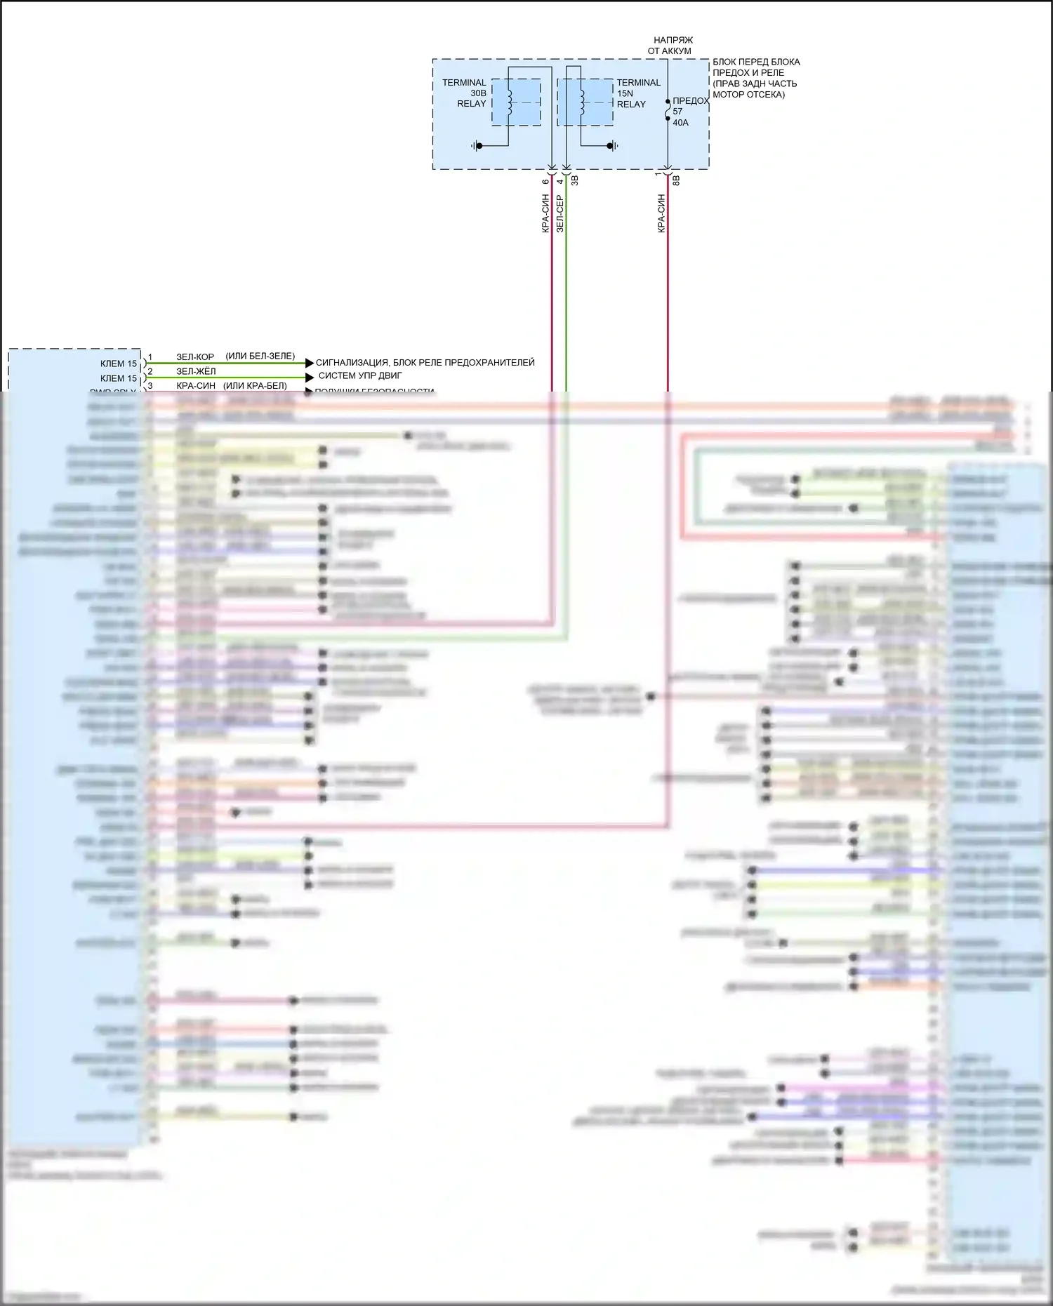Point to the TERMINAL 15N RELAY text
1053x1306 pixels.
point(638,93)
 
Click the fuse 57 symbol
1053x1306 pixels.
point(668,110)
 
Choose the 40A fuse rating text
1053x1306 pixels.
point(680,123)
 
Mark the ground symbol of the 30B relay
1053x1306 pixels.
point(477,146)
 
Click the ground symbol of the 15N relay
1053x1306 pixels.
point(613,146)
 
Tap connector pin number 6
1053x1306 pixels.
point(545,182)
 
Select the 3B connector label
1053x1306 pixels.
point(575,180)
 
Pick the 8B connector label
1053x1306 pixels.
point(677,180)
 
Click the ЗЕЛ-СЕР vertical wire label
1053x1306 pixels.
point(559,214)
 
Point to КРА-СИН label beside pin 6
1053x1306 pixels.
point(545,214)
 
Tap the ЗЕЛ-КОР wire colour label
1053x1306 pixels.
point(195,357)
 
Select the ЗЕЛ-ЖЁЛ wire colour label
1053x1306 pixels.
point(196,371)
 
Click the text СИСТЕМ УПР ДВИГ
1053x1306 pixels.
point(360,376)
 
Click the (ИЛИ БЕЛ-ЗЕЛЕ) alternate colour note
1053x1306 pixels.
point(260,357)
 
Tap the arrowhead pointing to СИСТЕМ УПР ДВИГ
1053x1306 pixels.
point(310,378)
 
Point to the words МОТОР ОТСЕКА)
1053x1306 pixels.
point(748,95)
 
